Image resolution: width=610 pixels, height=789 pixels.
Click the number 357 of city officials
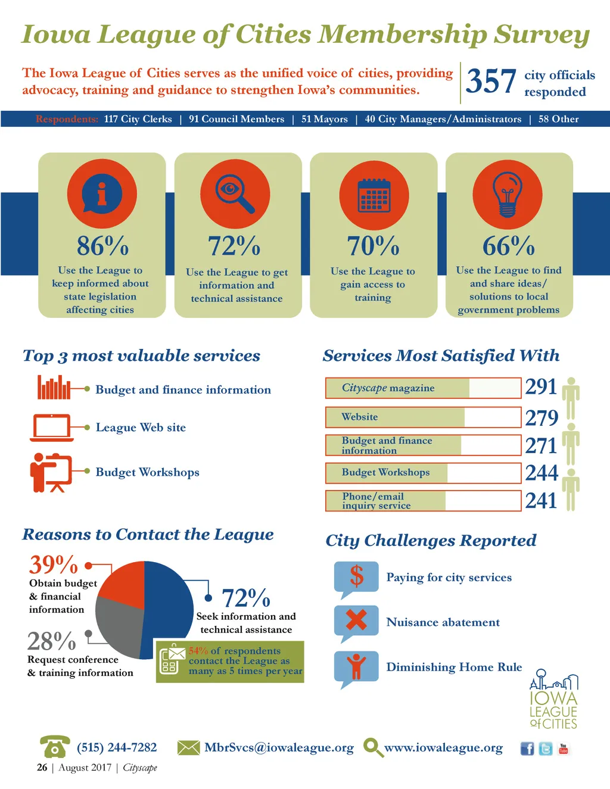pos(490,82)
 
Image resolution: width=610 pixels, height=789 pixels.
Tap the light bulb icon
pos(507,194)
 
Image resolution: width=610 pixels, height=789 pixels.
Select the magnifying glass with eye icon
pos(235,194)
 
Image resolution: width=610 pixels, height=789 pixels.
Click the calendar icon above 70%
pos(374,195)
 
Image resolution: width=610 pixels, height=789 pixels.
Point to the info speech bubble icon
pos(102,194)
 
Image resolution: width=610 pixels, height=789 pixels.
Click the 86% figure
pos(102,245)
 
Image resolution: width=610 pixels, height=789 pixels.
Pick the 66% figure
pos(508,245)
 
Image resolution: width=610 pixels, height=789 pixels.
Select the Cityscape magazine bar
pos(423,388)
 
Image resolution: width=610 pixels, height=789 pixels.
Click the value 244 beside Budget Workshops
pos(541,473)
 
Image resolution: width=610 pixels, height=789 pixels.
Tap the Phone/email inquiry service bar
pos(423,501)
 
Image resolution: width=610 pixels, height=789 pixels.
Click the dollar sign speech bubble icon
pos(356,576)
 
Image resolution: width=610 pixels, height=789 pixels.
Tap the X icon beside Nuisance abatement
pos(356,620)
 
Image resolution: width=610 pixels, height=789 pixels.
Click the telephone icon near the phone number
pos(54,747)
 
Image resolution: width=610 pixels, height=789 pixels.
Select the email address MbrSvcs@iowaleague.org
pos(279,747)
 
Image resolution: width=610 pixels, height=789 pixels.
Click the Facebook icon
pos(527,749)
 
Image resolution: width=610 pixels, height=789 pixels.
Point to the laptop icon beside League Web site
pos(52,428)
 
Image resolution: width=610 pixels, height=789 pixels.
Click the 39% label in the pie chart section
pos(54,565)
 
